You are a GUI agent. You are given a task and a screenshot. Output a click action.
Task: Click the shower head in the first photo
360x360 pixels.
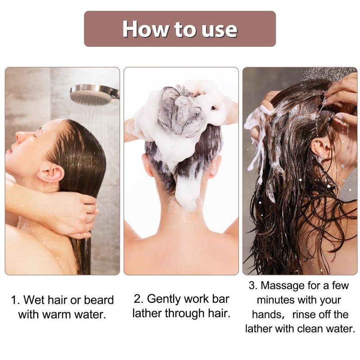click(94, 94)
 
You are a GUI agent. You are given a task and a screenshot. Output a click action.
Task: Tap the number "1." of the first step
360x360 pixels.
click(16, 300)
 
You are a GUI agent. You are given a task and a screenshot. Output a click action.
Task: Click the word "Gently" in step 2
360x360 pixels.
click(164, 299)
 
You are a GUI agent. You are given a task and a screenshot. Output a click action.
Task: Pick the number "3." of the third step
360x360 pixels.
click(253, 286)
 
